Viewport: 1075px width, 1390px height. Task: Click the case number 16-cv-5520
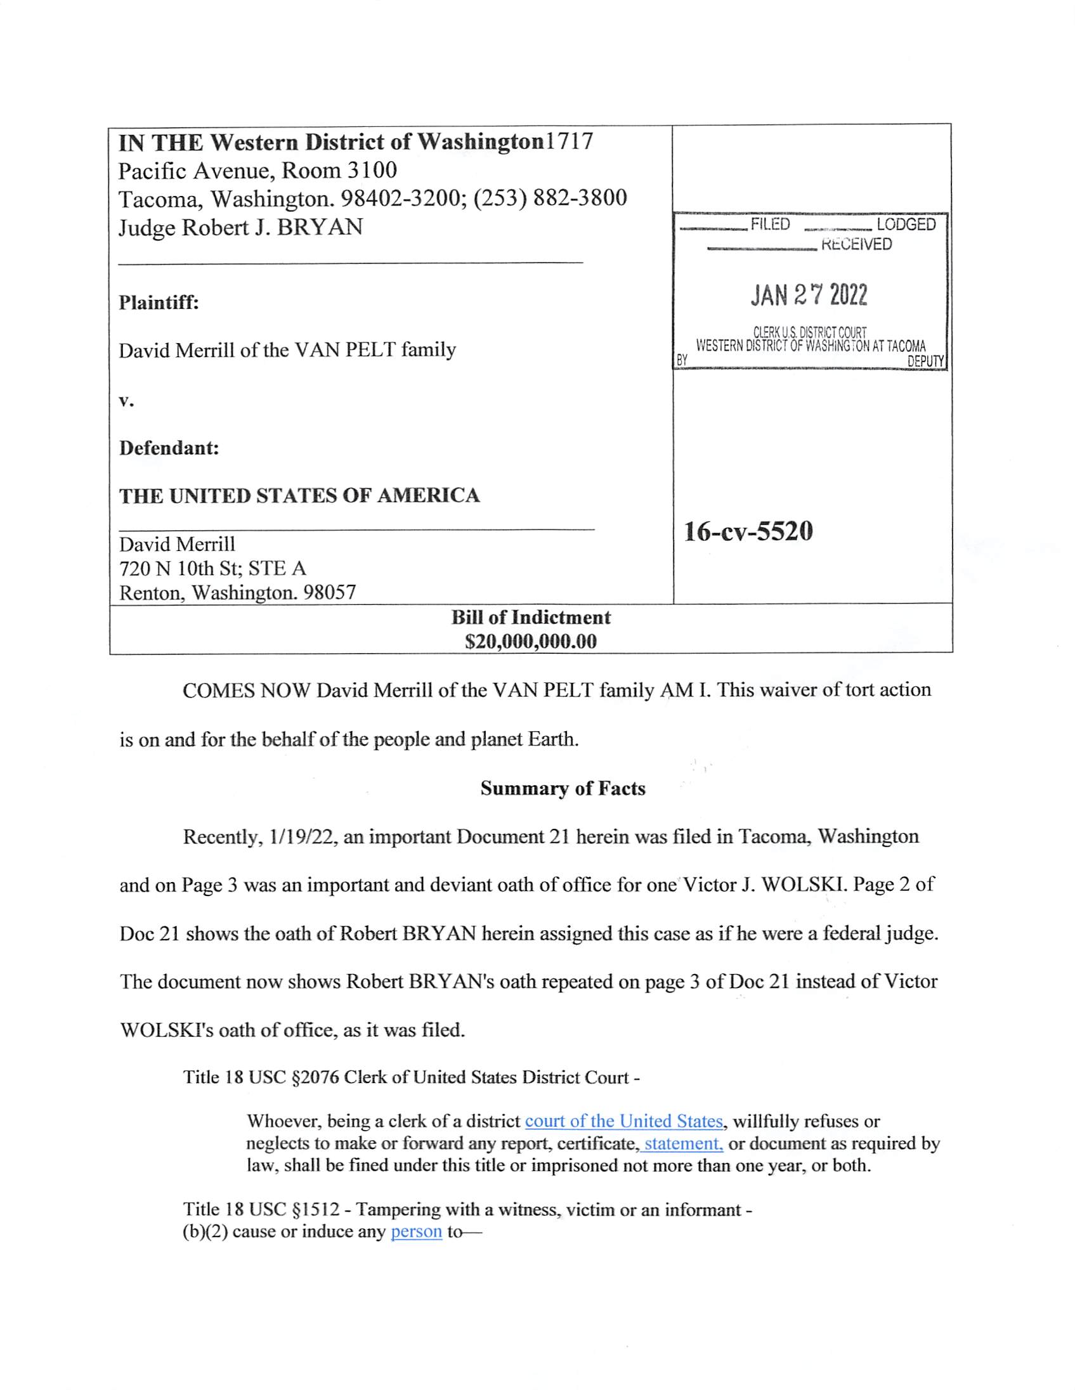coord(748,531)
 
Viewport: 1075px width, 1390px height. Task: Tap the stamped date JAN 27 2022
coord(809,296)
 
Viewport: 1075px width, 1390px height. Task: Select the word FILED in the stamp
coord(770,224)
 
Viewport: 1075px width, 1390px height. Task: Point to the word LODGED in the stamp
coord(906,224)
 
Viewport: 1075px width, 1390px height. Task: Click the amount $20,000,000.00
coord(531,642)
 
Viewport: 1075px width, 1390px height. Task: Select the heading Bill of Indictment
coord(531,618)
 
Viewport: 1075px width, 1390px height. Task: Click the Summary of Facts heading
coord(563,789)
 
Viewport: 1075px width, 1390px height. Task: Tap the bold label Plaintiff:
coord(159,302)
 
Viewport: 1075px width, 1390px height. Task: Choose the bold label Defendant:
coord(169,448)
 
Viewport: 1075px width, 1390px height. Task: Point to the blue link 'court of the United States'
coord(623,1120)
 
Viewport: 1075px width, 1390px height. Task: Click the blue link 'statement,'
coord(682,1144)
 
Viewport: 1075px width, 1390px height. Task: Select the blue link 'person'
coord(416,1231)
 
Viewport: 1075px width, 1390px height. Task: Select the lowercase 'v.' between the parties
coord(126,401)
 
